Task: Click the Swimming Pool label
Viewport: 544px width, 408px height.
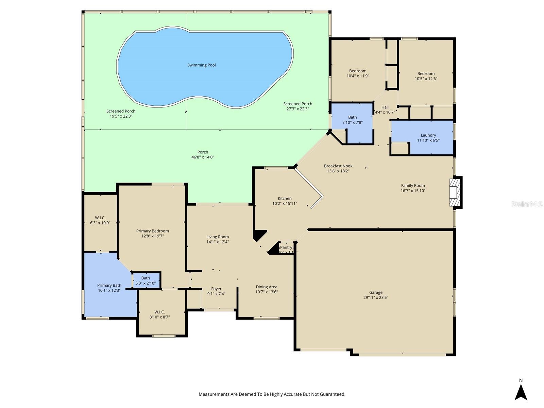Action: tap(201, 65)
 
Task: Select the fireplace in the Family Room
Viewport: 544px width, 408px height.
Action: tap(455, 192)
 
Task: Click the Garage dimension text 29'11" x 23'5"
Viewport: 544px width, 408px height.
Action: tap(376, 297)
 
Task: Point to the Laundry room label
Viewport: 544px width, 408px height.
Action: tap(428, 135)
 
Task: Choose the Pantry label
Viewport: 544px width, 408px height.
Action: tap(286, 248)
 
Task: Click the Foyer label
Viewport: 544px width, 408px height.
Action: tap(216, 289)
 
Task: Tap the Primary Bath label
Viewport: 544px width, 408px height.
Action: tap(109, 285)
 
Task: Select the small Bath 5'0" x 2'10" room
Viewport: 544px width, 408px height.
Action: tap(146, 280)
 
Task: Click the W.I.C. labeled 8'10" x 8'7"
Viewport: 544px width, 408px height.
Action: tap(159, 314)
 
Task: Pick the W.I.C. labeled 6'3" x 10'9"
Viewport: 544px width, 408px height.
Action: tap(100, 220)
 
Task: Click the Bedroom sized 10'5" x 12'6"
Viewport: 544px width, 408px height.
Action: tap(426, 76)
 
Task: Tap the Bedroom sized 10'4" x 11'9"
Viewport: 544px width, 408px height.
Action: tap(358, 73)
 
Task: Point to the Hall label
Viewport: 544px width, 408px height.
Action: tap(385, 107)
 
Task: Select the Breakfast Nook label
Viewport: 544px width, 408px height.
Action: tap(338, 166)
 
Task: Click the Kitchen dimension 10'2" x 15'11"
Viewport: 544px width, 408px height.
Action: tap(285, 204)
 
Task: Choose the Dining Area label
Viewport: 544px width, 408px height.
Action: tap(267, 287)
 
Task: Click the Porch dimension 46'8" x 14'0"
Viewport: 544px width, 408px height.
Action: tap(203, 157)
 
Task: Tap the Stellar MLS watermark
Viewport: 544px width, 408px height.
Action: tap(527, 204)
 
